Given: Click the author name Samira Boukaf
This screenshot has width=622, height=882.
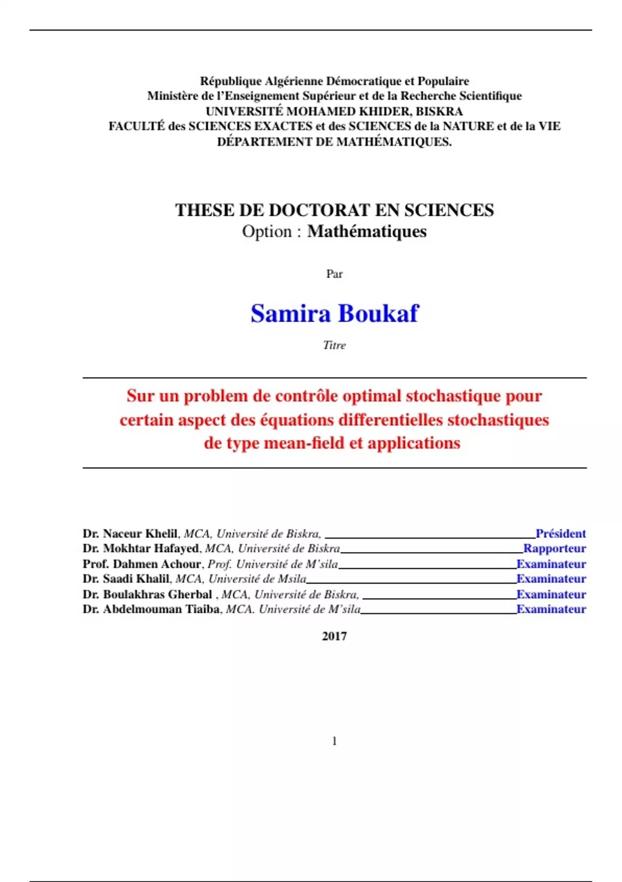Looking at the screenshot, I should (x=334, y=313).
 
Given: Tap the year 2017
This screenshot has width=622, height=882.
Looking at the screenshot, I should (x=334, y=636).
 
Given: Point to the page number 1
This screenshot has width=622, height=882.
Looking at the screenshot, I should (x=334, y=741).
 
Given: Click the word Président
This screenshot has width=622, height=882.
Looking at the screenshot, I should (x=560, y=533).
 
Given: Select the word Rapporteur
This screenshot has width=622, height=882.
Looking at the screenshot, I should (x=554, y=548).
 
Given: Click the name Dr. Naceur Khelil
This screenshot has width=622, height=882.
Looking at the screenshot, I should (x=130, y=533).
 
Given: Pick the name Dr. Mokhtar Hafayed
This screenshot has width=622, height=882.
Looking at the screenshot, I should (x=140, y=548).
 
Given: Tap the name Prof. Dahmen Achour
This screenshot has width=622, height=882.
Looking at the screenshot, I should (x=142, y=564).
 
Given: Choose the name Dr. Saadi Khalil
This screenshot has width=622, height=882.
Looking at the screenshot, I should (x=126, y=578).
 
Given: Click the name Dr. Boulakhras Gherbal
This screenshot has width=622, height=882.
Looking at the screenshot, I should (x=147, y=594).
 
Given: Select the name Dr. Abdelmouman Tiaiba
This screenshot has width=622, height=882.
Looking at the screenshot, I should (x=151, y=609).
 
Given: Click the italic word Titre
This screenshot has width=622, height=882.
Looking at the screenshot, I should (x=334, y=345).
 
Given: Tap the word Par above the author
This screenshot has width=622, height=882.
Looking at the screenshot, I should (x=334, y=274).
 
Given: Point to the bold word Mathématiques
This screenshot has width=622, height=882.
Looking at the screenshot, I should (x=367, y=231).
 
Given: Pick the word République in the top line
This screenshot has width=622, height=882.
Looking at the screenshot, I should (x=231, y=81).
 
